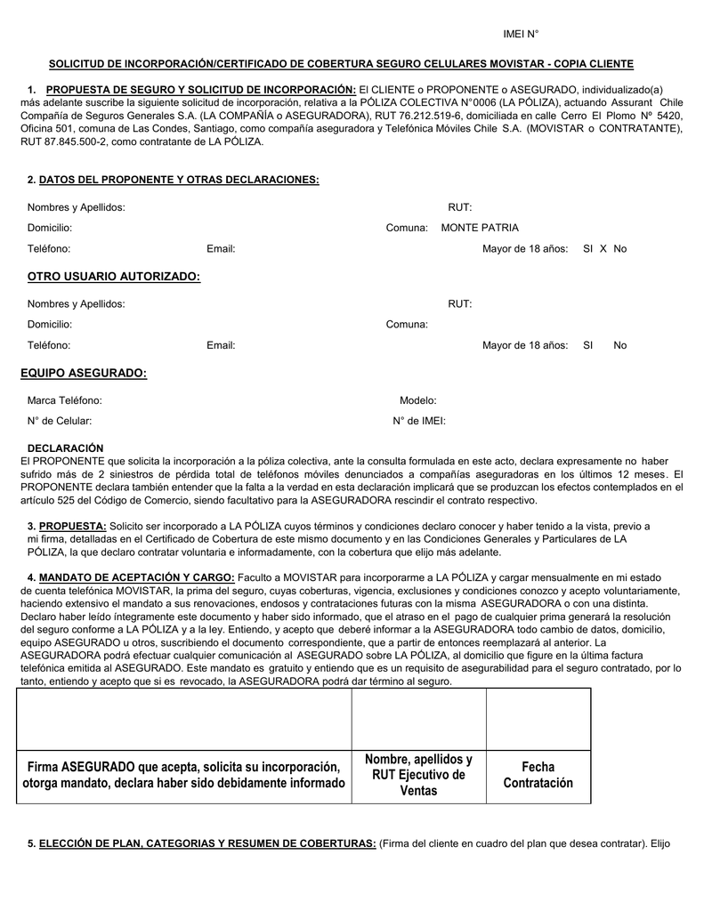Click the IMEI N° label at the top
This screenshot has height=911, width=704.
tap(521, 34)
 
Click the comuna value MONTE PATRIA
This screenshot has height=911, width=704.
tap(480, 228)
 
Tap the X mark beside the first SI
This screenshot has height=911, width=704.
tap(603, 249)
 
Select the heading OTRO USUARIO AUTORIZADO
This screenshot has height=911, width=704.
tap(114, 278)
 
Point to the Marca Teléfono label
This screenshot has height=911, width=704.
tap(64, 400)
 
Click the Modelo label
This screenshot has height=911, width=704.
tap(417, 400)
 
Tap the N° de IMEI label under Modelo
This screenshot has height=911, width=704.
tap(418, 421)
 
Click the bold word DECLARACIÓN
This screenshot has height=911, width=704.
tap(66, 447)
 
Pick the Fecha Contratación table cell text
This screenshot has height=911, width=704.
tap(538, 774)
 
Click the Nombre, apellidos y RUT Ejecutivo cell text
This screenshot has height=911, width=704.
tap(418, 774)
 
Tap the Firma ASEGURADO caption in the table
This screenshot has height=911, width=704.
tap(183, 775)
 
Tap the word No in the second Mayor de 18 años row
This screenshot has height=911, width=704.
tap(619, 345)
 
